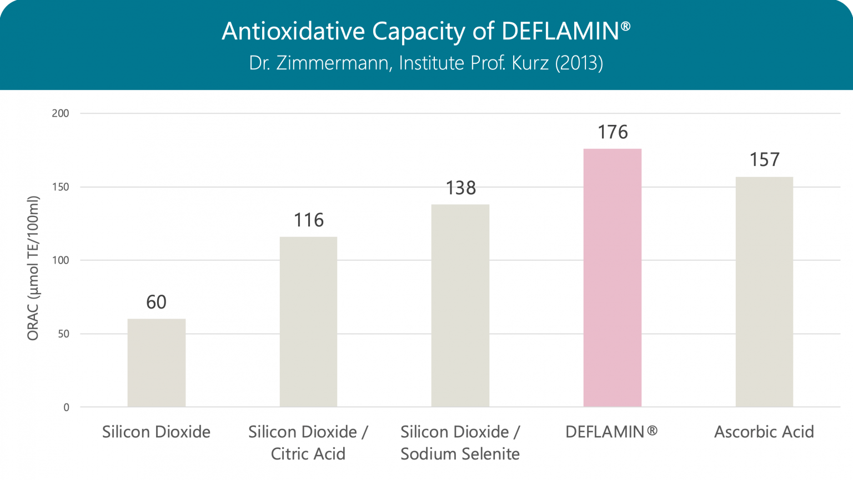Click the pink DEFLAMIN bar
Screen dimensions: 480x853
click(612, 277)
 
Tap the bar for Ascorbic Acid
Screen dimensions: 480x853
click(764, 292)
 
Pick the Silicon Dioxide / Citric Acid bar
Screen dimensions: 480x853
click(308, 322)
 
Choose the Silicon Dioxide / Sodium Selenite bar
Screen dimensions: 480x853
click(460, 306)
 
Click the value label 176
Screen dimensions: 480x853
click(613, 132)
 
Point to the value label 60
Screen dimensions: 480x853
click(156, 302)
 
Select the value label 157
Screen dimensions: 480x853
click(764, 160)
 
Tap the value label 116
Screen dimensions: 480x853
click(308, 220)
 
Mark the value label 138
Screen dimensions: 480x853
click(460, 188)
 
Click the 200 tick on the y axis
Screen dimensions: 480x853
click(60, 113)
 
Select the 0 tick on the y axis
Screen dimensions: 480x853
click(66, 407)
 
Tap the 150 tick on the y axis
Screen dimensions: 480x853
click(60, 187)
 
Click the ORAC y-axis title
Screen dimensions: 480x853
click(33, 268)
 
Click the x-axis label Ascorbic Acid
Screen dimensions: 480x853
click(764, 432)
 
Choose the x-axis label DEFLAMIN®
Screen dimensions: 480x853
click(611, 432)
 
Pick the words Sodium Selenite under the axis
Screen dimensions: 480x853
click(460, 454)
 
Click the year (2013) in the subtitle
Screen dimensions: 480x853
click(579, 63)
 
